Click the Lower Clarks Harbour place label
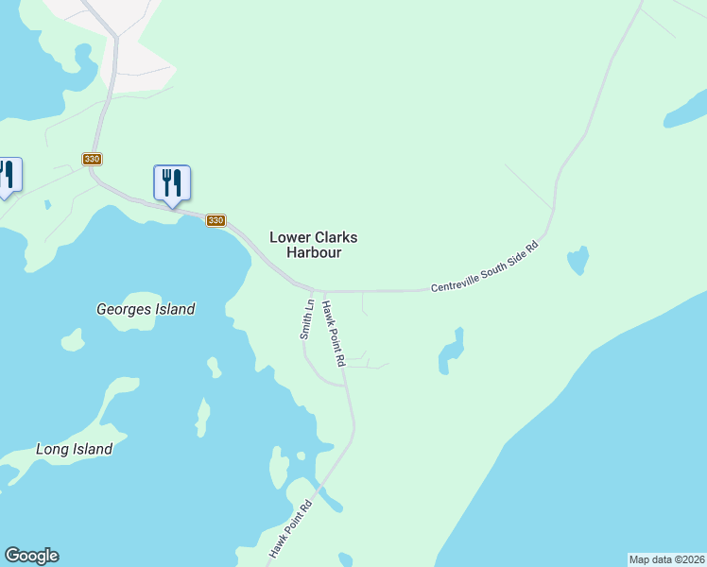coord(313,245)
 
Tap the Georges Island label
coord(146,309)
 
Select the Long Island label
coord(74,450)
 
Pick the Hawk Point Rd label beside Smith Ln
coord(334,334)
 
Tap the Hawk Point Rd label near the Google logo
coord(290,528)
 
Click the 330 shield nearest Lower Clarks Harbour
coord(216,220)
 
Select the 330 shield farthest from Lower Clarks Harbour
coord(92,159)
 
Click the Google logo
coord(31,556)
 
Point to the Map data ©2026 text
coord(666,558)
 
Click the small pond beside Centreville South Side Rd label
coord(576,261)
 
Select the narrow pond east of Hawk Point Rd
coord(452,352)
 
